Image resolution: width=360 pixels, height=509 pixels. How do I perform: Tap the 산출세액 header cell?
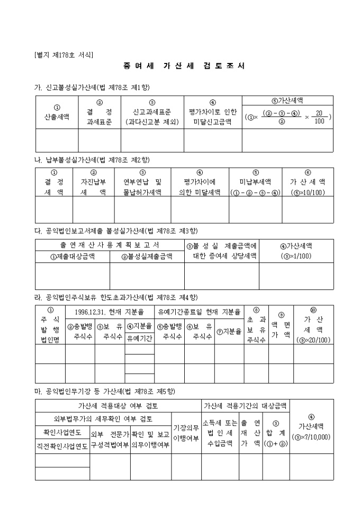click(57, 112)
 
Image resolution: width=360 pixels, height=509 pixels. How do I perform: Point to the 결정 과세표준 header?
click(100, 112)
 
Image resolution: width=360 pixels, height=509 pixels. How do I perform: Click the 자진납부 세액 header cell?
click(94, 186)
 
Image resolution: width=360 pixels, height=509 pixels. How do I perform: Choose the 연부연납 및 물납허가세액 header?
click(142, 186)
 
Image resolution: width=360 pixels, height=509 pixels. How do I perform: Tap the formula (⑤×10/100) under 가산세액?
click(308, 193)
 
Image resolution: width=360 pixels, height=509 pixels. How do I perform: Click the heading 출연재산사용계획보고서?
click(110, 246)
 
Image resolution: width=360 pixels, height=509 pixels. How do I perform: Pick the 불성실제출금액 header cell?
click(147, 257)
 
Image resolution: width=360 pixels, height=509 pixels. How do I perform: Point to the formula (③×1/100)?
click(296, 257)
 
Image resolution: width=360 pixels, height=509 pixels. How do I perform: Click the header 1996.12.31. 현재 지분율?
click(110, 312)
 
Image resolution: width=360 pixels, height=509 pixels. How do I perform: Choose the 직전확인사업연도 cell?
click(62, 446)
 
